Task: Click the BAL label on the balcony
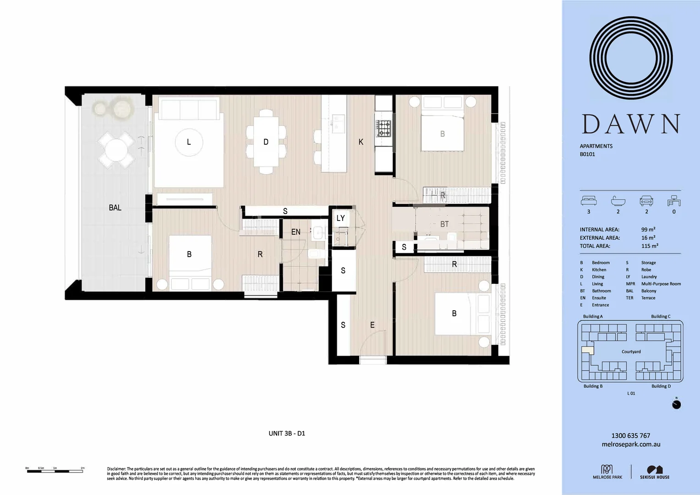click(115, 208)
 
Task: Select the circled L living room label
click(189, 142)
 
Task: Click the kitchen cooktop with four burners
click(383, 128)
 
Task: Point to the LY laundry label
click(340, 218)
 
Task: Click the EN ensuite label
click(296, 232)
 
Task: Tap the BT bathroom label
click(444, 224)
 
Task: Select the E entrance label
click(372, 325)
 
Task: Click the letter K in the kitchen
click(361, 142)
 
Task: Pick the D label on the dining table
click(266, 142)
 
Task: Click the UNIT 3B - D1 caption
click(287, 433)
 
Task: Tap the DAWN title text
click(630, 124)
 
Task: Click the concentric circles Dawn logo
click(630, 58)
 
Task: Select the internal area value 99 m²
click(648, 230)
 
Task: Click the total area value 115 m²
click(650, 246)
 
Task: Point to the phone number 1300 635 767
click(630, 435)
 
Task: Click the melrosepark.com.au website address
click(630, 444)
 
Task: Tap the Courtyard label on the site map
click(631, 352)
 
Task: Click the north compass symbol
click(676, 404)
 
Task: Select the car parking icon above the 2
click(646, 201)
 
